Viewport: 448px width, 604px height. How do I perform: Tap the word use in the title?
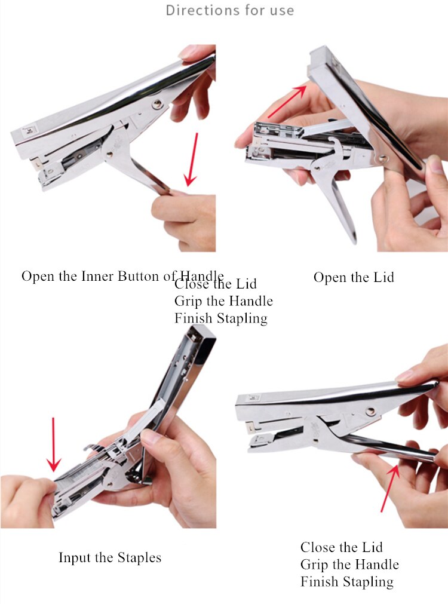[281, 10]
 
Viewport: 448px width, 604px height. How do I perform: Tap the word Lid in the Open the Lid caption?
[382, 277]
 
